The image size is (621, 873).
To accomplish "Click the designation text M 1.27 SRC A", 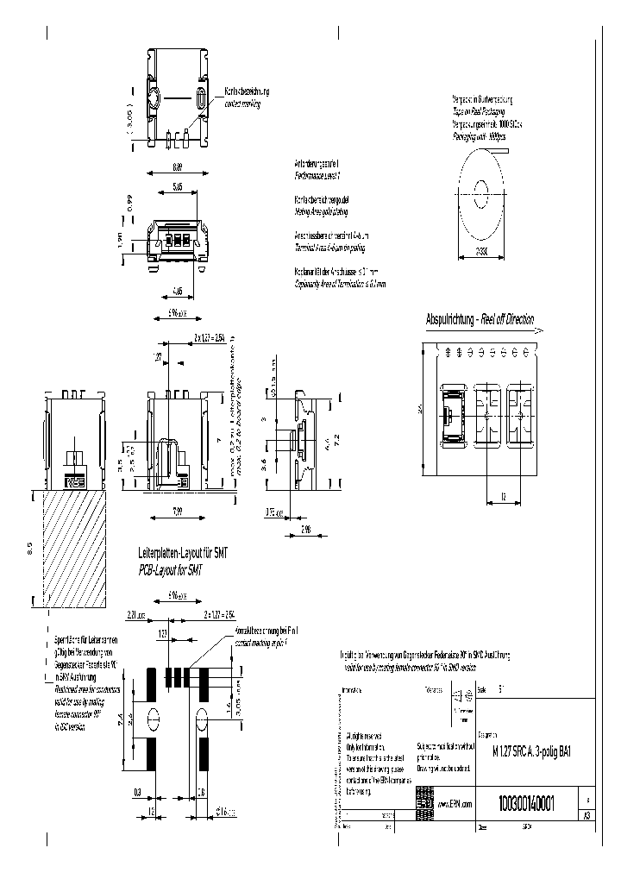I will click(500, 751).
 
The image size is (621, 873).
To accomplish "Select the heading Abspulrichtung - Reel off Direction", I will click(480, 320).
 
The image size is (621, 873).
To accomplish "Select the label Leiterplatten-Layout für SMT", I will click(183, 551).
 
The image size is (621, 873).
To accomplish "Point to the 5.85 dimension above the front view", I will click(176, 186).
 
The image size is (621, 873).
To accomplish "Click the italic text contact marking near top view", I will click(242, 103).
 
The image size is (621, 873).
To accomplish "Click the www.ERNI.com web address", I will click(457, 803).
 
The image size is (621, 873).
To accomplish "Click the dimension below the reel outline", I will click(480, 252).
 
